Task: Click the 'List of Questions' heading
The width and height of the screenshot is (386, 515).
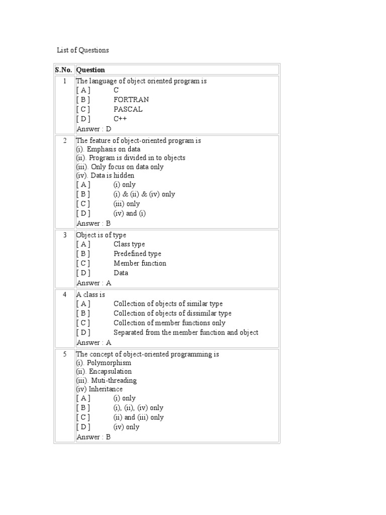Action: point(82,50)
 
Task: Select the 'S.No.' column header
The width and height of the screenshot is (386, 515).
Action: point(64,70)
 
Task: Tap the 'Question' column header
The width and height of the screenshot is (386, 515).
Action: point(90,70)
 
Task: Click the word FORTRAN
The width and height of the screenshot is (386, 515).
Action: point(131,100)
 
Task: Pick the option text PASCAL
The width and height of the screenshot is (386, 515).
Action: point(128,109)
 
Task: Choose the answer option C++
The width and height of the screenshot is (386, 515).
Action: point(120,119)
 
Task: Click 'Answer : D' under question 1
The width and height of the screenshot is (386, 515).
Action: point(94,129)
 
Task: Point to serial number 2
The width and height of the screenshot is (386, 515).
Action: point(64,140)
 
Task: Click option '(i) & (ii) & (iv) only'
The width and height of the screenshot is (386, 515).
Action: point(144,194)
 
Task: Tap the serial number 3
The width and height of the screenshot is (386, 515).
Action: point(64,235)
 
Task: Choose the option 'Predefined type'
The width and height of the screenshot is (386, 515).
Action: point(137,254)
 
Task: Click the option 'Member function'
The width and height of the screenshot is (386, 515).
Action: point(140,264)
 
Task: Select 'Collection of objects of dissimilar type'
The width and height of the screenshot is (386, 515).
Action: point(172,313)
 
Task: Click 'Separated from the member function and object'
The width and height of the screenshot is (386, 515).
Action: point(186,332)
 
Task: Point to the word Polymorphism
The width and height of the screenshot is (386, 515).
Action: point(111,363)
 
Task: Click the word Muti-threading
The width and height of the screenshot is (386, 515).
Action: point(114,381)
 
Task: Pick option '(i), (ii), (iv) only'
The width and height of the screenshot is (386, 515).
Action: point(138,408)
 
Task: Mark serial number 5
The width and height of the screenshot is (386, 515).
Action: point(64,354)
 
